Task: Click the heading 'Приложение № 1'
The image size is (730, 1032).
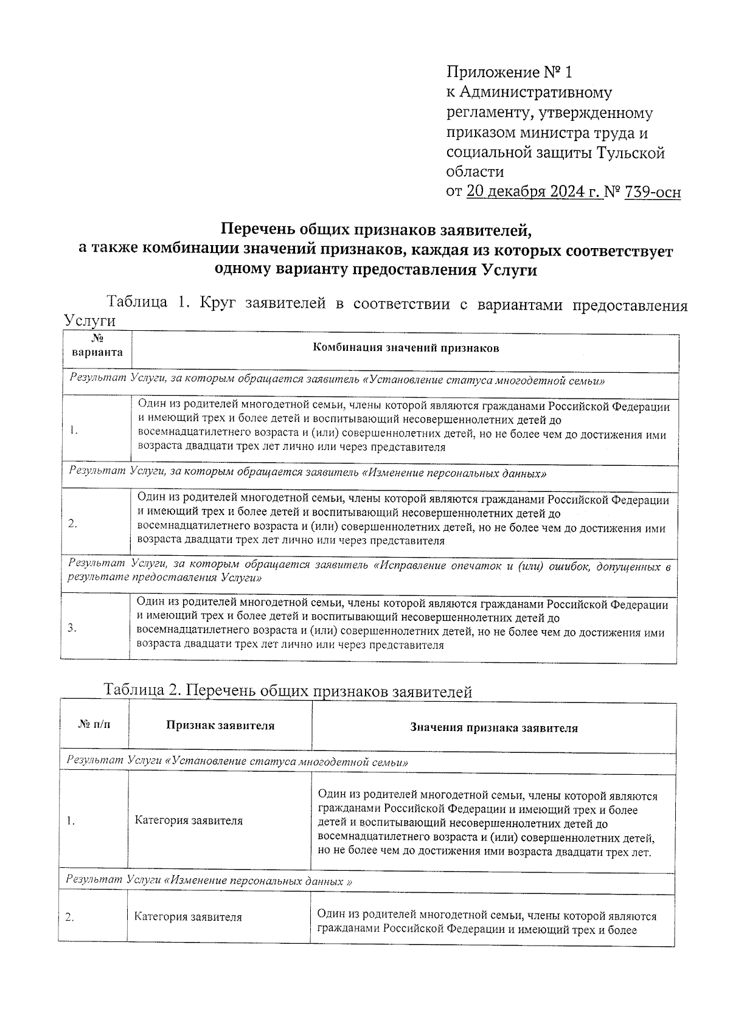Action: (509, 73)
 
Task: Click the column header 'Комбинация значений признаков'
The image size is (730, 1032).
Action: (405, 348)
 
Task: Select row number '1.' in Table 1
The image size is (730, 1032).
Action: (73, 430)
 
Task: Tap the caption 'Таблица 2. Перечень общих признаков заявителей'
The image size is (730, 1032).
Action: (288, 691)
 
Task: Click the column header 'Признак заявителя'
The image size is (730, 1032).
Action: (220, 726)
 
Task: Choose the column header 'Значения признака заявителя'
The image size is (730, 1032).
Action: (493, 728)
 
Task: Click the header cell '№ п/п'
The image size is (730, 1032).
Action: (95, 725)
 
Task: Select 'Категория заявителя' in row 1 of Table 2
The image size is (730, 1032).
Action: (189, 820)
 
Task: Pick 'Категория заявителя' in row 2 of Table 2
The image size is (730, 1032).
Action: (188, 916)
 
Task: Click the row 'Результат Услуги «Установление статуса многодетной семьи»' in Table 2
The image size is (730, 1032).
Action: (237, 761)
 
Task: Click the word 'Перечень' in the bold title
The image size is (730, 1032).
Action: (255, 230)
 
